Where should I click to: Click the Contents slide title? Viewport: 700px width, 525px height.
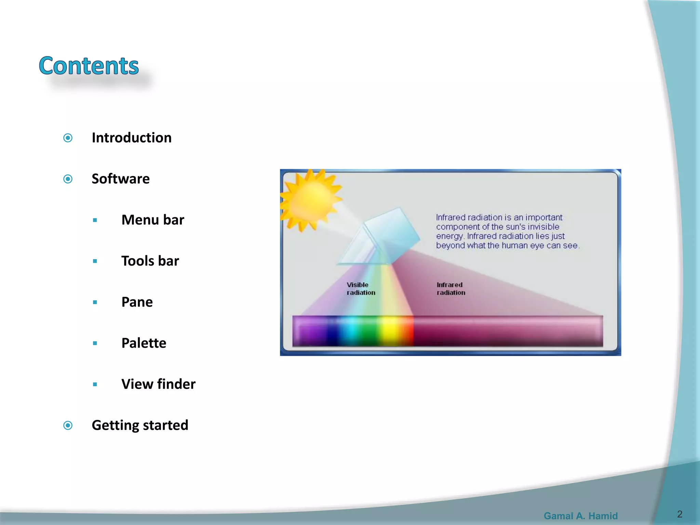coord(89,66)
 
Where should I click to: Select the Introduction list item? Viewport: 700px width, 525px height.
coord(132,138)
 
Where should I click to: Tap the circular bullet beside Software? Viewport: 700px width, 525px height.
coord(68,179)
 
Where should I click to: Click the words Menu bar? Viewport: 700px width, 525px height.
coord(153,220)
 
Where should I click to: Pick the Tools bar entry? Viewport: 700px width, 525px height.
coord(150,261)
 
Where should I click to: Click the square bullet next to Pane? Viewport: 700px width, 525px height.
coord(95,302)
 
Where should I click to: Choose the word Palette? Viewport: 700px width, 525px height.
coord(144,343)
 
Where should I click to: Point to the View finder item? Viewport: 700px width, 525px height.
coord(159,384)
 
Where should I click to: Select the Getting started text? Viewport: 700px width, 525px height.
coord(140,425)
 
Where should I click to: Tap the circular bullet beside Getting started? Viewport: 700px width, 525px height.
coord(68,425)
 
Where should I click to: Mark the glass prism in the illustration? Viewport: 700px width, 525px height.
coord(379,238)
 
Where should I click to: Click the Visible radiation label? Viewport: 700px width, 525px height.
coord(361,289)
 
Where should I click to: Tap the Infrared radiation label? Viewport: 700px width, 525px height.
coord(450,289)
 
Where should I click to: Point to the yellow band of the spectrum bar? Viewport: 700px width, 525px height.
coord(390,331)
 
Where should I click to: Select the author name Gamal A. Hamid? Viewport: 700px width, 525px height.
coord(580,515)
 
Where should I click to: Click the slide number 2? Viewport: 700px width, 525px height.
coord(679,514)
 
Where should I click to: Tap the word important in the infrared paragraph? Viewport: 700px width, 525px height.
coord(543,217)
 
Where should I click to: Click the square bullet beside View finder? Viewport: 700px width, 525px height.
coord(95,384)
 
